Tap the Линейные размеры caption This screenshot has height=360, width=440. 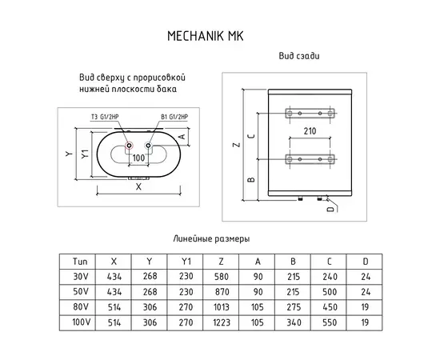tap(211, 239)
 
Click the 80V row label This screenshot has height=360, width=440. tap(80, 306)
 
